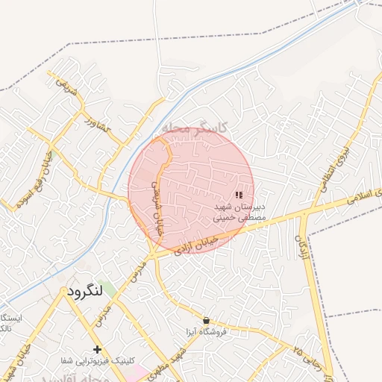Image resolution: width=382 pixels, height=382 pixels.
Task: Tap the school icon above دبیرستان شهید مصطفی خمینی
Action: [x=238, y=195]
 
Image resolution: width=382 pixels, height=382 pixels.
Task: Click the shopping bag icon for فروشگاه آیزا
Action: [x=207, y=320]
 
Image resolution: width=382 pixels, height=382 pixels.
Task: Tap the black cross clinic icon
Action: [x=97, y=349]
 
